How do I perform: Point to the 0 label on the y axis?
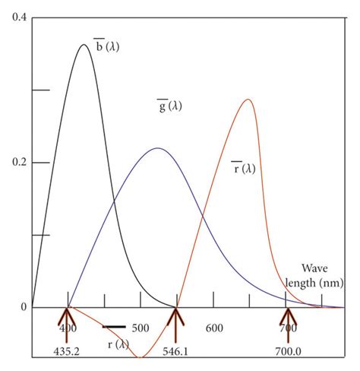coord(24,308)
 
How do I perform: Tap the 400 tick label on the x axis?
coord(68,328)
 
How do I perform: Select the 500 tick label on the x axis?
coord(140,328)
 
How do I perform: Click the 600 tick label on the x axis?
coord(213,328)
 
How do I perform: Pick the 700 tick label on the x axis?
coord(287,328)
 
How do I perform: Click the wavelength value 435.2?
coord(68,352)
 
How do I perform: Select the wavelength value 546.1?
coord(176,352)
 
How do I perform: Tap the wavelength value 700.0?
coord(287,352)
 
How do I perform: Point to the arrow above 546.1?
coord(177,323)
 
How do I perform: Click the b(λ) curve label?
coord(106,47)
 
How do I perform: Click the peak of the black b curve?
coord(84,45)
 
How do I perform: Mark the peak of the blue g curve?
coord(157,148)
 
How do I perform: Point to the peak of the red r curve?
coord(248,100)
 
